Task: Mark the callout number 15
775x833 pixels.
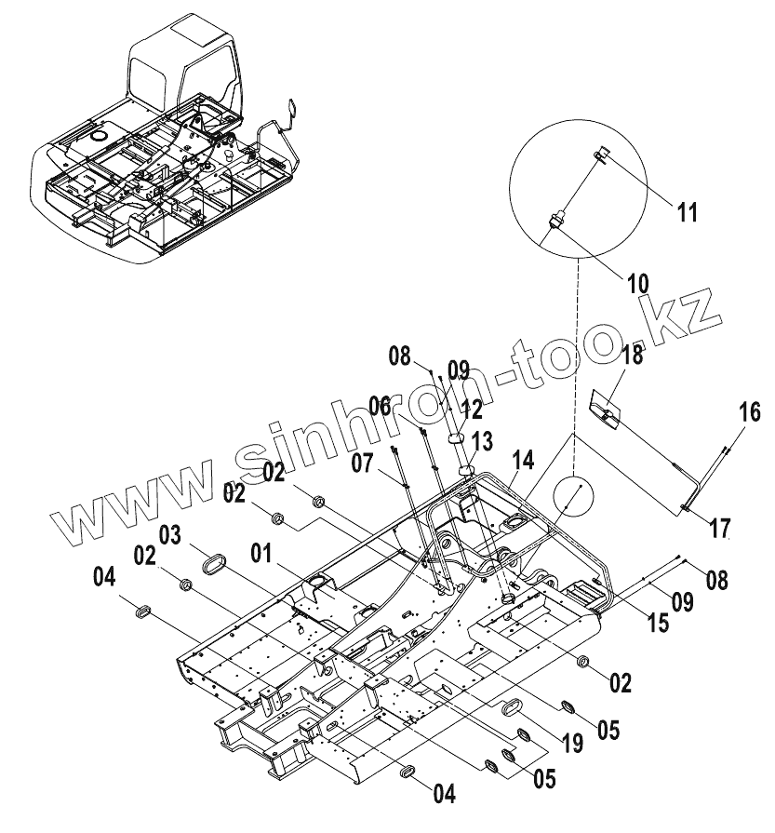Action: click(x=658, y=623)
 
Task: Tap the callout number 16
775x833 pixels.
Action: click(x=749, y=410)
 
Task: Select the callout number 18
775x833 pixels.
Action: click(x=632, y=356)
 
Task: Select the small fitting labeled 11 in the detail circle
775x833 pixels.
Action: click(x=599, y=155)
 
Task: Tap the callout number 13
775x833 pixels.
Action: click(x=484, y=439)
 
